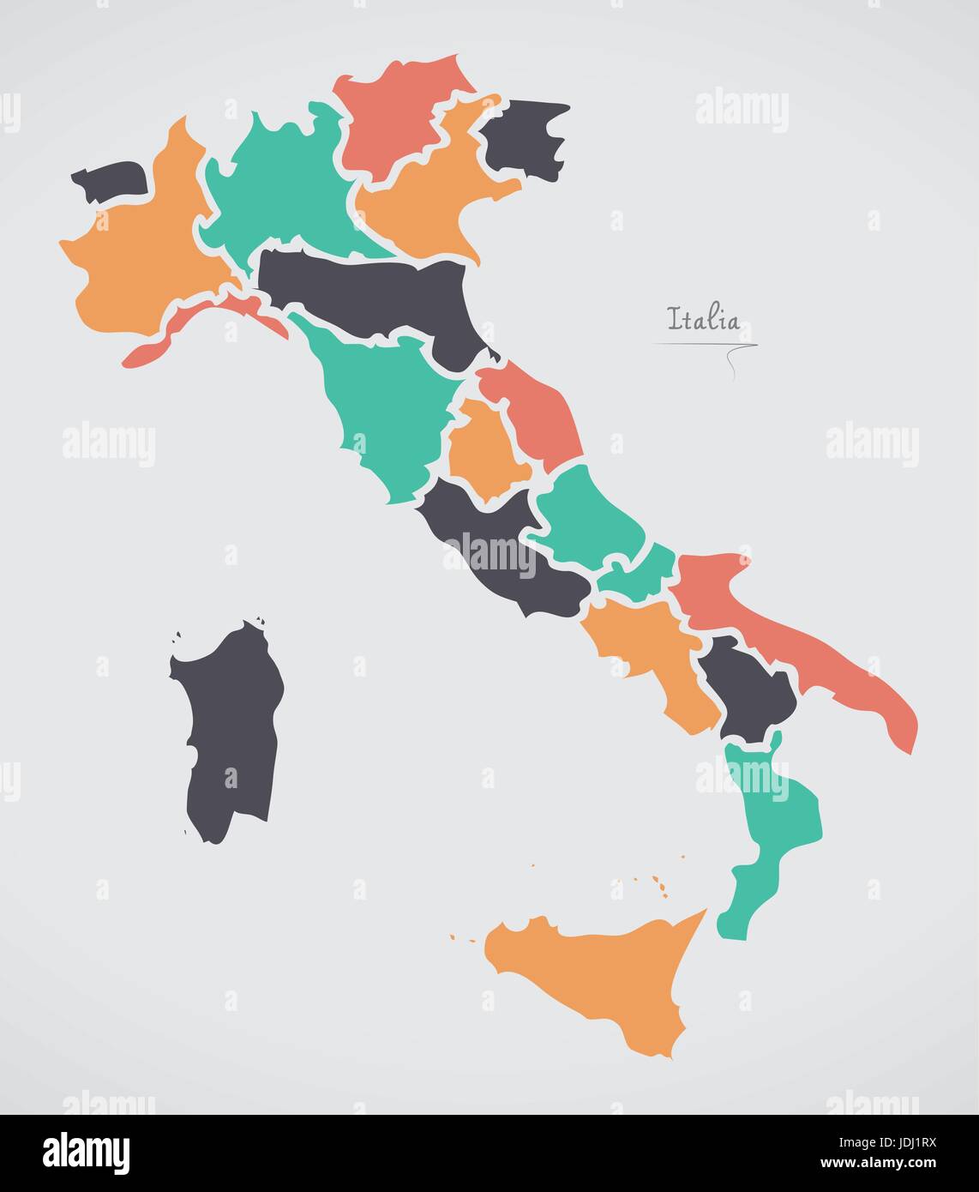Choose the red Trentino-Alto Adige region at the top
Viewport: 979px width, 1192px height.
pyautogui.click(x=394, y=111)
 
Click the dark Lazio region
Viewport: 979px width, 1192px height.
pyautogui.click(x=506, y=557)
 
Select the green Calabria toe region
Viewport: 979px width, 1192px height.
pyautogui.click(x=776, y=823)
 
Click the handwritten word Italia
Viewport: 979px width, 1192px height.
pyautogui.click(x=703, y=321)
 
